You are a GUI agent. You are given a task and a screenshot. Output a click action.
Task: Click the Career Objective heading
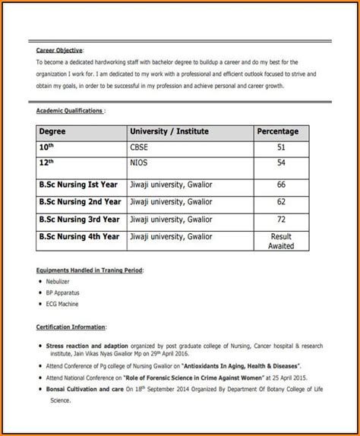[x=60, y=49]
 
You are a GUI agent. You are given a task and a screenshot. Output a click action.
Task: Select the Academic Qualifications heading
[x=71, y=110]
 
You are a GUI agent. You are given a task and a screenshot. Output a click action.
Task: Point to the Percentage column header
[x=277, y=131]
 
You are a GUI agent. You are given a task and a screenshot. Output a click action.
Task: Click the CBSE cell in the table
[x=141, y=148]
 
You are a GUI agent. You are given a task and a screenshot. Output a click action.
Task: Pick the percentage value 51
[x=281, y=148]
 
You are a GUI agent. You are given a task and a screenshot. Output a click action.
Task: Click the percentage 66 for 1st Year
[x=281, y=185]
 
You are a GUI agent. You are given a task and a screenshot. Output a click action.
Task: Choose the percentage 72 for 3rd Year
[x=281, y=220]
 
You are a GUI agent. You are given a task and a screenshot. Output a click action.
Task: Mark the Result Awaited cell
[x=281, y=242]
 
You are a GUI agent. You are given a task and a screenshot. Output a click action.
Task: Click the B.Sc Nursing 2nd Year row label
[x=80, y=202]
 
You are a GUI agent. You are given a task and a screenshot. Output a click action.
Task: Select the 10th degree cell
[x=48, y=147]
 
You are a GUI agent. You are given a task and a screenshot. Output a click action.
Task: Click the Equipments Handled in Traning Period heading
[x=90, y=270]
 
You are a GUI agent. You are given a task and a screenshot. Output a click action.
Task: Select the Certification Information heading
[x=71, y=327]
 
